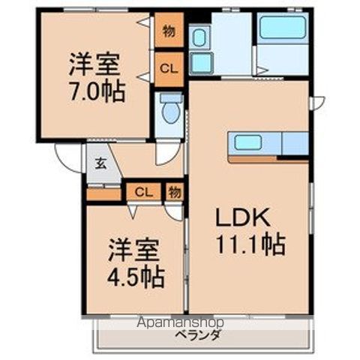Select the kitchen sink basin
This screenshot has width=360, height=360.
(247, 142)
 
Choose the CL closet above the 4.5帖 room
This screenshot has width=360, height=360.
(142, 192)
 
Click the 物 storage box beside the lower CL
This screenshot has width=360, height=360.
(174, 192)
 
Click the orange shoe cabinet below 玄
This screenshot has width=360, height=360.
(103, 194)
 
